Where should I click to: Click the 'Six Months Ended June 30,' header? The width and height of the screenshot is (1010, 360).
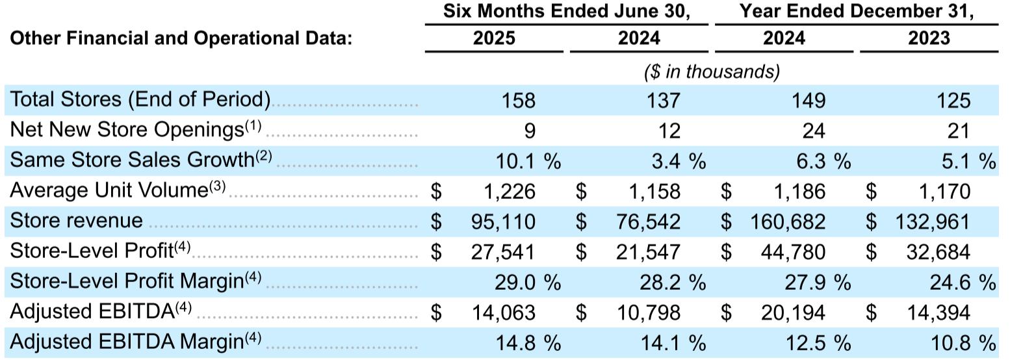tap(566, 12)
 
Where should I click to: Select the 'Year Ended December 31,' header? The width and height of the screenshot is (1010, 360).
tap(856, 12)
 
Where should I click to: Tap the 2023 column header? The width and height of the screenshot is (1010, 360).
tap(929, 38)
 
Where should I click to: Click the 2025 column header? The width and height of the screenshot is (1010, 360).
tap(494, 38)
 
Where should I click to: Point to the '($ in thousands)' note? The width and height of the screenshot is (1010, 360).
tap(712, 71)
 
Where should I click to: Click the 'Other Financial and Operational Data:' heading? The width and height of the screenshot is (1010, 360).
tap(181, 38)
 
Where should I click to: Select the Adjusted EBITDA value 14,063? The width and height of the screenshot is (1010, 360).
tap(504, 313)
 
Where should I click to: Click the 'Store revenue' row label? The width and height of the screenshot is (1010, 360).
tap(76, 221)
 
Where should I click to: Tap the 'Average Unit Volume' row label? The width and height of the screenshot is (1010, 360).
tap(108, 191)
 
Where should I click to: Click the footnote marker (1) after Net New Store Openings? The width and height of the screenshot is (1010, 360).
tap(253, 125)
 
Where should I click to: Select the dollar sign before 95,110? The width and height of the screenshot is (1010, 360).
tap(436, 222)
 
